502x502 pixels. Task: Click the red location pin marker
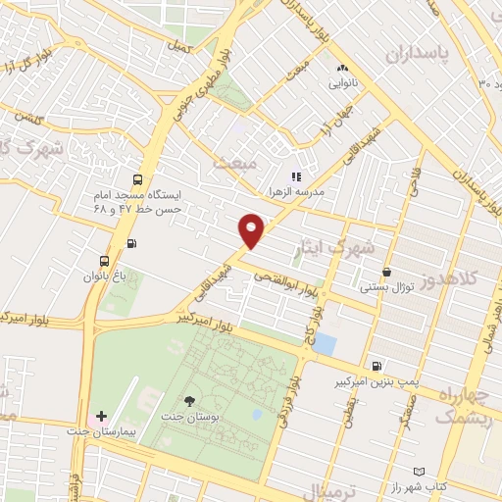click(253, 232)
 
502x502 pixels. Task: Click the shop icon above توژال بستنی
click(388, 272)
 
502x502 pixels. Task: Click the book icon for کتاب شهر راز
click(422, 471)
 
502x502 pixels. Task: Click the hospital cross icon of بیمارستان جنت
click(102, 417)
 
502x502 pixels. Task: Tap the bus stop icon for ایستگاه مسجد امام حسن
click(136, 179)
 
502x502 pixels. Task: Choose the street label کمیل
click(176, 46)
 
